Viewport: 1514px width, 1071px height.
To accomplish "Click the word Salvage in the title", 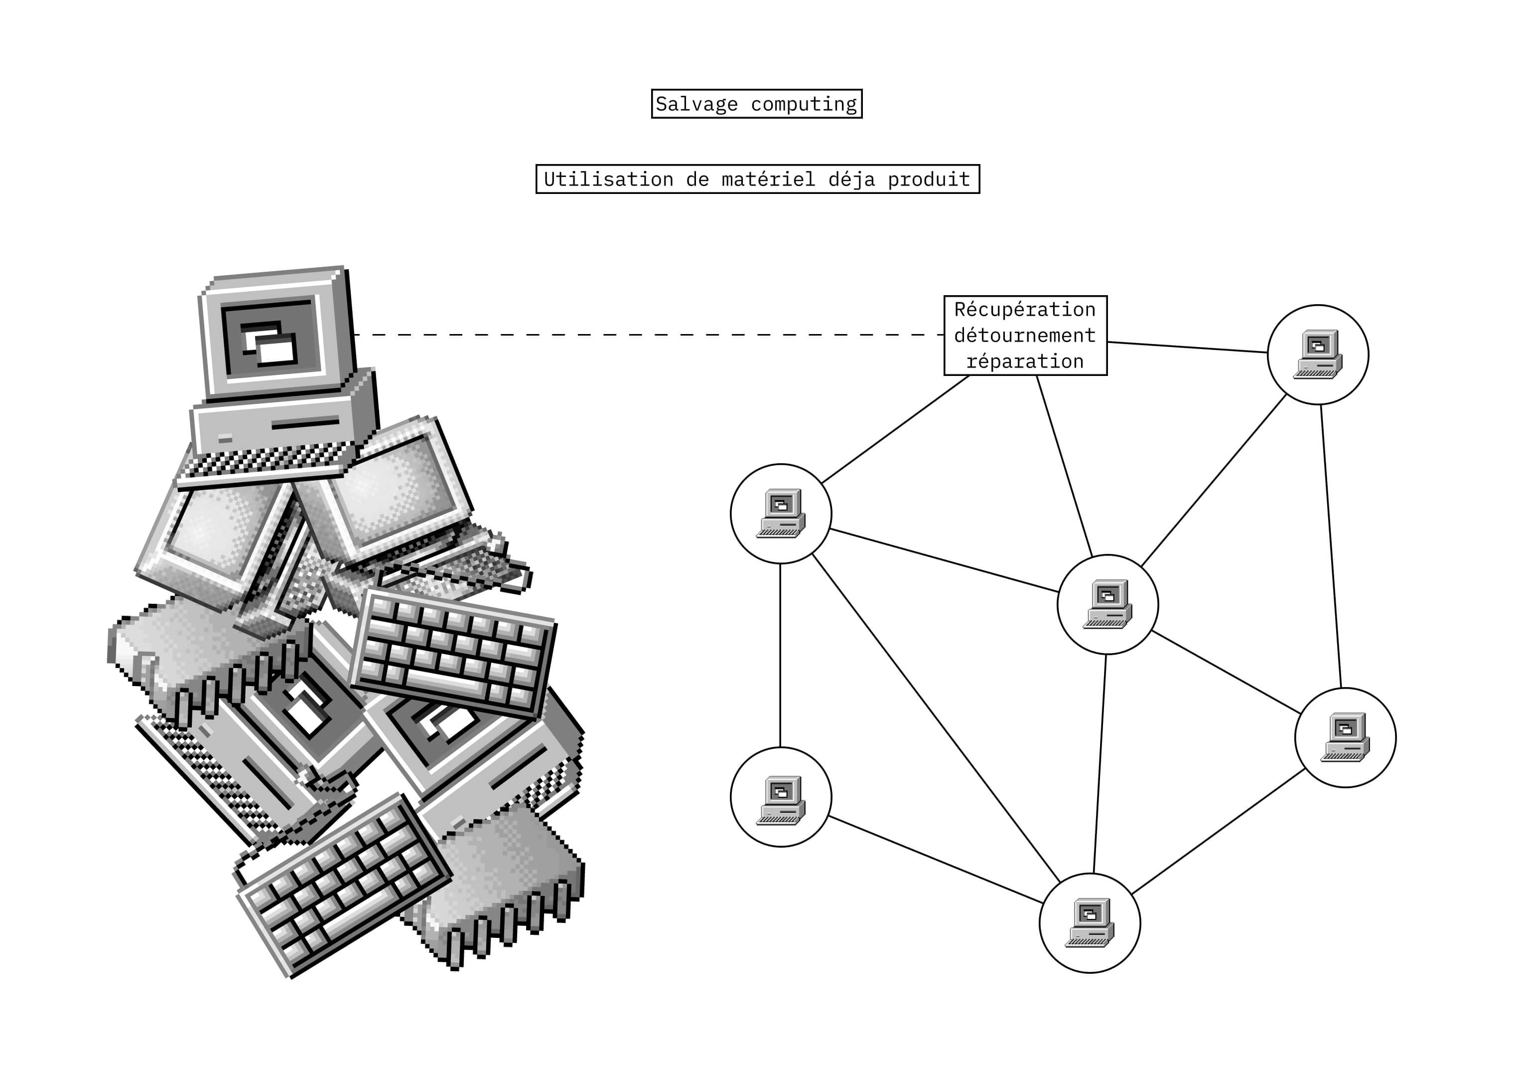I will coord(696,104).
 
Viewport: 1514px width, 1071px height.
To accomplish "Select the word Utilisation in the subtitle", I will coord(608,179).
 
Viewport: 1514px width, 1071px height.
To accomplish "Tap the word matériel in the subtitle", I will coord(768,179).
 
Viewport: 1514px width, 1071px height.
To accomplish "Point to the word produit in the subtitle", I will coord(929,179).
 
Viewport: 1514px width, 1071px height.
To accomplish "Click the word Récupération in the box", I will coord(1025,310).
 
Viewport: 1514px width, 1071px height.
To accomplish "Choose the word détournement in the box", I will coord(1025,335).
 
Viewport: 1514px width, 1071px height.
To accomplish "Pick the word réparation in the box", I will coord(1025,361).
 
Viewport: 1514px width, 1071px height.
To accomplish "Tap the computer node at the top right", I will coord(1318,355).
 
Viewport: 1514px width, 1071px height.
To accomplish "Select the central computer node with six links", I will coord(1107,604).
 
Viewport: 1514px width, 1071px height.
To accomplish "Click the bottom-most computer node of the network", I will coord(1090,922).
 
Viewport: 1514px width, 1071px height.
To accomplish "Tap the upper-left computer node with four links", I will coord(781,514).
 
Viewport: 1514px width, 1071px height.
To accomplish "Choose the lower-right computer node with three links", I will coord(1345,737).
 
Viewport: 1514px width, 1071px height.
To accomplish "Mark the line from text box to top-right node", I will coord(1187,347).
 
